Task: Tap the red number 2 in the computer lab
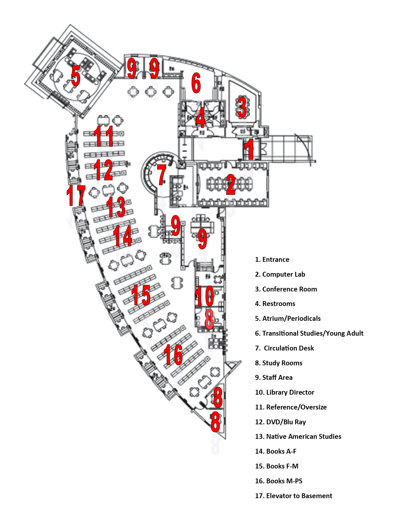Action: point(230,184)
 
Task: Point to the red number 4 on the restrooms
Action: point(201,117)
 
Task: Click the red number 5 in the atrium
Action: point(76,76)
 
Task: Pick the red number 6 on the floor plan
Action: point(196,83)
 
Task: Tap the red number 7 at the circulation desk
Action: point(162,175)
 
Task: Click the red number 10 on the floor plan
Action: point(204,296)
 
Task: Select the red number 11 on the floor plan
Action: point(103,136)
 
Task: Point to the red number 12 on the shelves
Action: point(103,170)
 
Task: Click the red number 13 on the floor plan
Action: point(116,207)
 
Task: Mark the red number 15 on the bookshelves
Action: point(141,295)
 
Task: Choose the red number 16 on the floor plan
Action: point(173,355)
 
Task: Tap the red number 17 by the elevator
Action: point(76,195)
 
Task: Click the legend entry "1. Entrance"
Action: point(272,260)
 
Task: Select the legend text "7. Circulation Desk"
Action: point(284,348)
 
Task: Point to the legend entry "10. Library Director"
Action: point(285,392)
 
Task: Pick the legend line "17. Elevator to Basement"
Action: point(294,496)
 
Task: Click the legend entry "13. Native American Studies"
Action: point(298,437)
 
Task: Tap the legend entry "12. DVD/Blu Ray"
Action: point(280,422)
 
